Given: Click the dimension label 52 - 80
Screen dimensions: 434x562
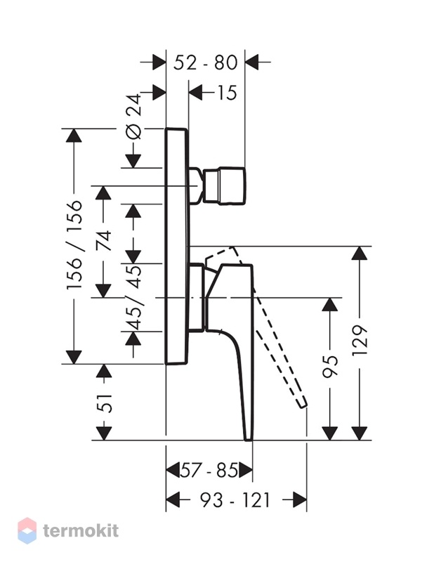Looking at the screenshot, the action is click(x=205, y=63).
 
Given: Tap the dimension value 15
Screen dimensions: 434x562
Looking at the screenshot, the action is click(x=227, y=93).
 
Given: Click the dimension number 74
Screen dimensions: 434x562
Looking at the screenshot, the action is click(x=104, y=241).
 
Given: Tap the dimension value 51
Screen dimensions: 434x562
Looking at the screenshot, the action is click(x=105, y=403).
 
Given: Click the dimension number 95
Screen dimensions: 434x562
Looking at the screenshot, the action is click(x=329, y=367).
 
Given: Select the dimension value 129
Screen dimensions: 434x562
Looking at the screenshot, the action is click(x=360, y=341).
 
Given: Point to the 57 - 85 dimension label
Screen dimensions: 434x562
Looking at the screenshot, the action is click(x=209, y=470).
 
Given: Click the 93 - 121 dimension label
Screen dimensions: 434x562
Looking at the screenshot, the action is click(x=235, y=499).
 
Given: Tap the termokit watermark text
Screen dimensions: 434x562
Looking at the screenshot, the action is click(x=81, y=530).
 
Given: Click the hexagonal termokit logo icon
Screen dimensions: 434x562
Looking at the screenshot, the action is click(x=27, y=530).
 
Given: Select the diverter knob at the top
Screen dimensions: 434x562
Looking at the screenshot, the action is click(x=224, y=185).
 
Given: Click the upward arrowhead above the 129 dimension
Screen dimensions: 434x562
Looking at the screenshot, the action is click(x=360, y=254).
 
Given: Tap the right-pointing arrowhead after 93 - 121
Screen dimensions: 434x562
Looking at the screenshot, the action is click(x=300, y=499).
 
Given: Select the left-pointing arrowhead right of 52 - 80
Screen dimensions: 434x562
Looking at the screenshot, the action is click(x=252, y=62).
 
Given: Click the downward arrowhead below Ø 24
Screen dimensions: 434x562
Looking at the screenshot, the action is click(x=133, y=161).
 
